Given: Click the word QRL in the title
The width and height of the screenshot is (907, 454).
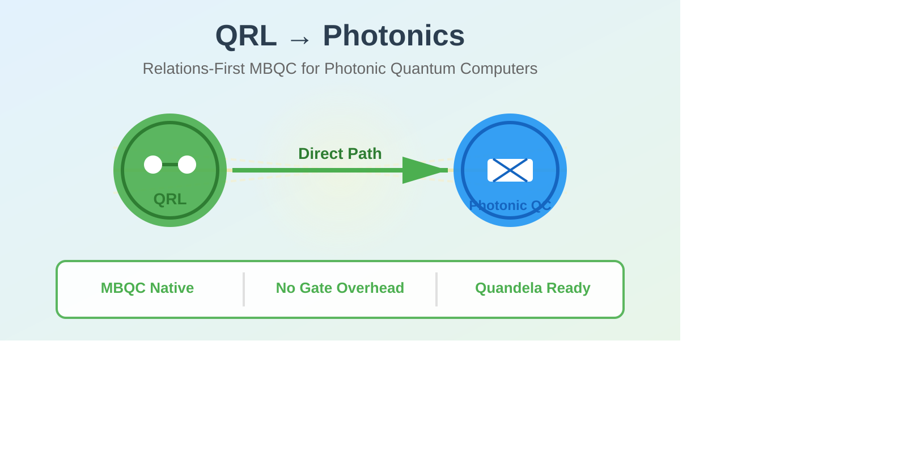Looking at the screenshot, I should click(x=246, y=36).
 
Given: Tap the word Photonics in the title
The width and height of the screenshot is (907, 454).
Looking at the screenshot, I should click(x=393, y=36).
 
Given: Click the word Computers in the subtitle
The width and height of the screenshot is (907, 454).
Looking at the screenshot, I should click(x=498, y=69).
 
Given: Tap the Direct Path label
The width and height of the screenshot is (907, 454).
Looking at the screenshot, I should click(x=340, y=154).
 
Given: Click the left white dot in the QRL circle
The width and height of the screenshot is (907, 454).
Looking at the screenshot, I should click(x=153, y=165).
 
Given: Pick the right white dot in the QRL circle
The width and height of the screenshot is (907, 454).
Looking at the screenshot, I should click(x=187, y=165).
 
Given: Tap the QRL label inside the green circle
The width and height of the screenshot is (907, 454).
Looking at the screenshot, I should click(x=170, y=199).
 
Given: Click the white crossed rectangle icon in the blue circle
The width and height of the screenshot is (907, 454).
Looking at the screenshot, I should click(x=510, y=170).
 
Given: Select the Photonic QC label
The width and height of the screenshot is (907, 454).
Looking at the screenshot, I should click(x=510, y=205).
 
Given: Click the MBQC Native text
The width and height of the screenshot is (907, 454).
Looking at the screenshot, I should click(x=147, y=288).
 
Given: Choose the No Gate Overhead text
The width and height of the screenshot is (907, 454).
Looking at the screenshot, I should click(x=340, y=288).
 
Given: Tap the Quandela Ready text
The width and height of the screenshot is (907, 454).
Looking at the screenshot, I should click(x=533, y=288).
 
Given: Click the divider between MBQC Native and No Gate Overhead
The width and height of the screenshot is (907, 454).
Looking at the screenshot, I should click(x=244, y=289).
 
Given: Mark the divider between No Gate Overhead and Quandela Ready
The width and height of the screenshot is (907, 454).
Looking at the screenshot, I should click(x=436, y=289).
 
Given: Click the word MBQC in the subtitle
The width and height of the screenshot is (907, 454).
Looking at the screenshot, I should click(x=273, y=69).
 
